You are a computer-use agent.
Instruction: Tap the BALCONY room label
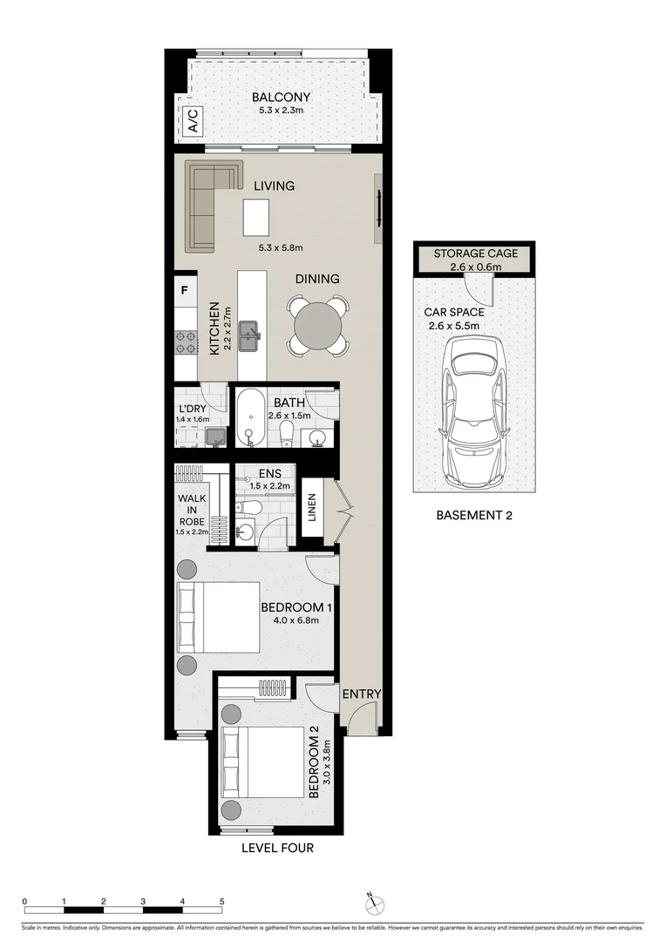(x=281, y=98)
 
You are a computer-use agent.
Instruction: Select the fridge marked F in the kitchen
(x=185, y=291)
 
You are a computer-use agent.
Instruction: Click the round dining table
(x=318, y=325)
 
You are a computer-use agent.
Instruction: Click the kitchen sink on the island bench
(x=251, y=333)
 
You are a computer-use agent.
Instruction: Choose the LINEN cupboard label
(x=311, y=513)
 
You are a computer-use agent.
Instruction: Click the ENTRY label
(x=361, y=694)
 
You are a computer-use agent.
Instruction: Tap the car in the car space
(x=473, y=410)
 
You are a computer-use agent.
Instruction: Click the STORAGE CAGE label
(x=475, y=254)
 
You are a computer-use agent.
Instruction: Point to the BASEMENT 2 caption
(x=473, y=515)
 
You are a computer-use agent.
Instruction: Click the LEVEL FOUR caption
(x=277, y=847)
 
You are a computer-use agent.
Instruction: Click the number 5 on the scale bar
(x=222, y=902)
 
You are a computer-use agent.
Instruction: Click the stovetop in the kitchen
(x=186, y=343)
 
